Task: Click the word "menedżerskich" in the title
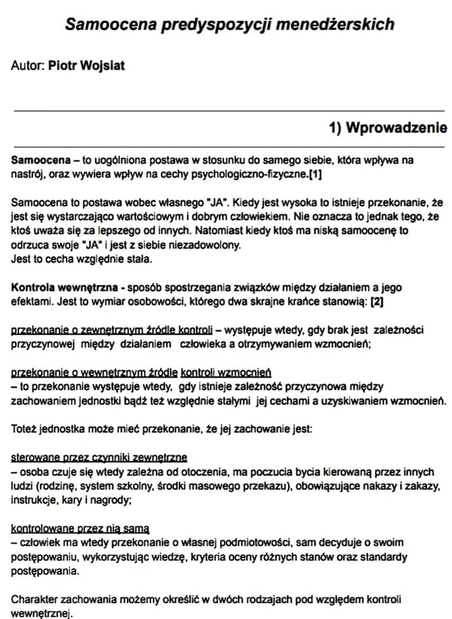(x=335, y=24)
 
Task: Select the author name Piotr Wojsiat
(x=86, y=66)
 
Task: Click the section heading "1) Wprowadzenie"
(x=388, y=128)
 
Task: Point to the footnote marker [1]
(x=315, y=174)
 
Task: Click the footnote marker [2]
(x=377, y=302)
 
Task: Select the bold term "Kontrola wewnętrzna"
(x=64, y=287)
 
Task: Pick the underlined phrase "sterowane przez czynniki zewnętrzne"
(x=99, y=457)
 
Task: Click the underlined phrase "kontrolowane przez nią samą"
(x=80, y=528)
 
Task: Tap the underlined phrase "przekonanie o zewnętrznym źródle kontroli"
(x=112, y=330)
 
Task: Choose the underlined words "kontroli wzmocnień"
(x=226, y=372)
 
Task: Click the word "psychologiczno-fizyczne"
(x=249, y=174)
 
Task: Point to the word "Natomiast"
(x=219, y=231)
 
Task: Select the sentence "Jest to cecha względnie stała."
(x=81, y=259)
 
